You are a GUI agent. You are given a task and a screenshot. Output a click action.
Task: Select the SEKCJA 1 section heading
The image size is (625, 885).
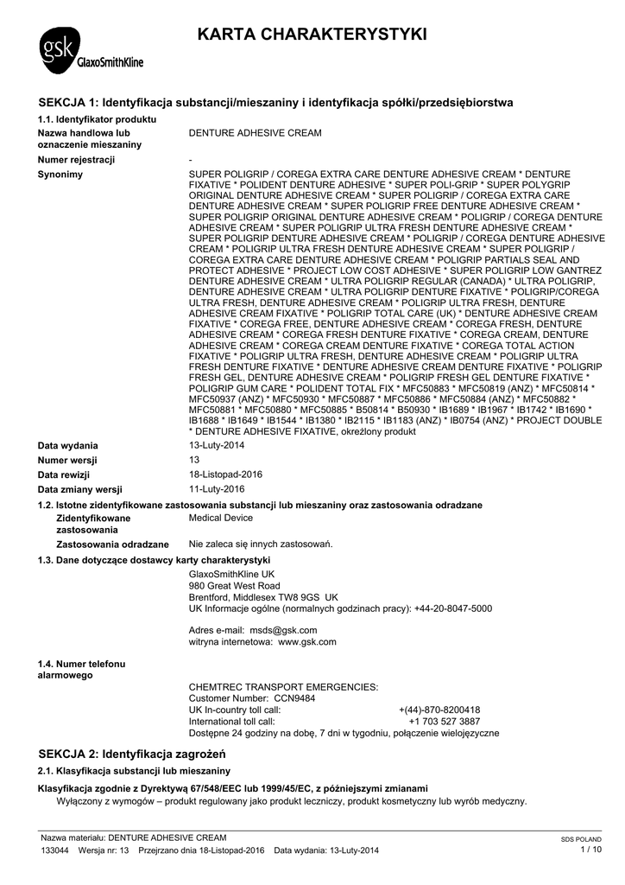coord(276,103)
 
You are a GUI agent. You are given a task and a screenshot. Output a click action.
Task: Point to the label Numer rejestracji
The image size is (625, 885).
coord(76,160)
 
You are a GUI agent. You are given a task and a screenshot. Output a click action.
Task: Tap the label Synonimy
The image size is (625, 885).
coord(60,175)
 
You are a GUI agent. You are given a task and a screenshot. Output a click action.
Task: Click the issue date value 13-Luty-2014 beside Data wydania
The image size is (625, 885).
coord(217,445)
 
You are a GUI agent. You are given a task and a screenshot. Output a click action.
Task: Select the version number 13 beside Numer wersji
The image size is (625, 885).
coord(194,460)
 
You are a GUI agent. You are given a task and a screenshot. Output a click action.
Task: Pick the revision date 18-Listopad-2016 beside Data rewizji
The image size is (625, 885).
coord(225,474)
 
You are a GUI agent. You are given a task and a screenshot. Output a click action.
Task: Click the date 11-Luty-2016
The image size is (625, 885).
coord(217,489)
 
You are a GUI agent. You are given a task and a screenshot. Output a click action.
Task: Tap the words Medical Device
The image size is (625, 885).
coord(221,518)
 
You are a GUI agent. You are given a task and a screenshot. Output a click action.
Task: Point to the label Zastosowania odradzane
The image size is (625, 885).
coord(112,544)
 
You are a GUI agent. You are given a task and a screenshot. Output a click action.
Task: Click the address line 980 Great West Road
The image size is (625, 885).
coord(234,585)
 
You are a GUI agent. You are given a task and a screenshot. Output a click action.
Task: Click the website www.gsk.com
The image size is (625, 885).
coord(307,642)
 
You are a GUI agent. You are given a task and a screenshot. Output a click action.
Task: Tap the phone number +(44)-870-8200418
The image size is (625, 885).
coord(439,710)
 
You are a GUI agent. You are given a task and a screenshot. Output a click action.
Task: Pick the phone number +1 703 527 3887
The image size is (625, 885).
coord(445,721)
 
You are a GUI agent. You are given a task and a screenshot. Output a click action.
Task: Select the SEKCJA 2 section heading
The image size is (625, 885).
coord(131,754)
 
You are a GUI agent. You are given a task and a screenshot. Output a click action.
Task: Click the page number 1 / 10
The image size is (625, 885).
coord(591,850)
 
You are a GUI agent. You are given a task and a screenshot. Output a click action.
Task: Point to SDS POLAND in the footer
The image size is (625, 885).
coord(581,839)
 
